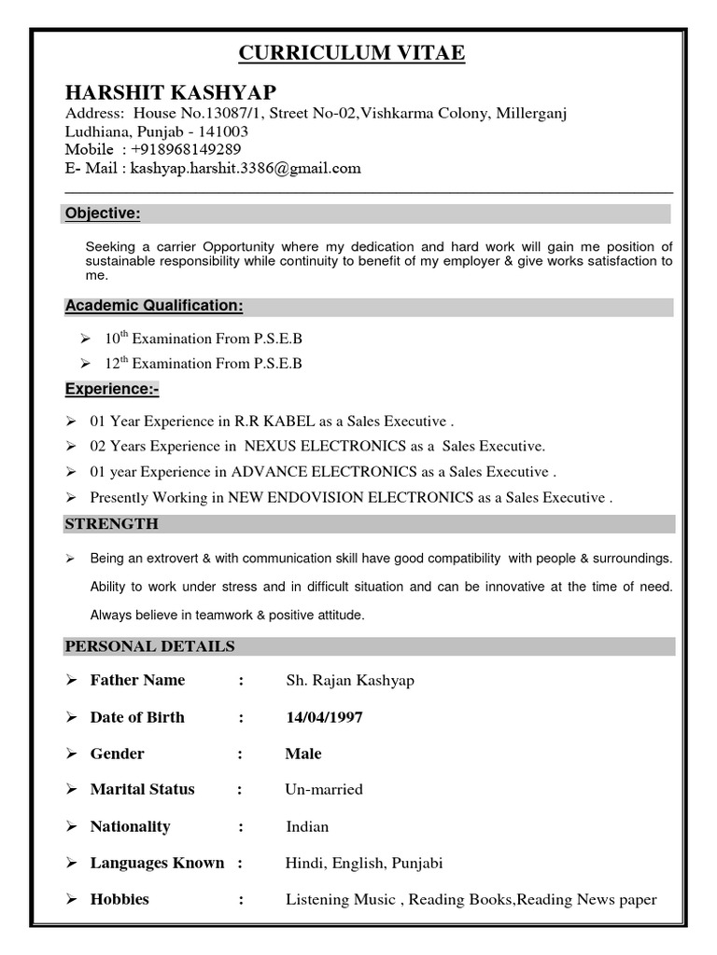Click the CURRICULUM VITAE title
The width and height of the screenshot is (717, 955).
point(352,53)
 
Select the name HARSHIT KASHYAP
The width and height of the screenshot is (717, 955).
point(171,91)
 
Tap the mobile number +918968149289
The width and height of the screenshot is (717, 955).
point(187,149)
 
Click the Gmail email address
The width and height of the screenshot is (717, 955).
point(246,168)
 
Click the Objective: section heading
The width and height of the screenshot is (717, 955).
point(103,215)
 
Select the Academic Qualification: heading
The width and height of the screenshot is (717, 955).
point(154,306)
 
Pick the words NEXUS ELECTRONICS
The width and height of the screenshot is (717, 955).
point(326,446)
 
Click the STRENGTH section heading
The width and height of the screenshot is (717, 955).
point(111,524)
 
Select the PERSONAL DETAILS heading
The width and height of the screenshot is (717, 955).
point(149,646)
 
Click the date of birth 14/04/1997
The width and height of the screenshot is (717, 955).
point(325,717)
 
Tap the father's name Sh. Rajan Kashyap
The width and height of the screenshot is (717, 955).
point(350,680)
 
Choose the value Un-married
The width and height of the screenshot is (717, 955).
point(324,789)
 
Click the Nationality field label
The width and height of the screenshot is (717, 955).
point(130,826)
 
